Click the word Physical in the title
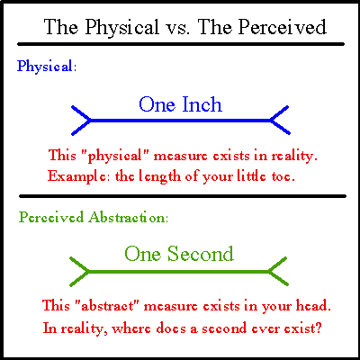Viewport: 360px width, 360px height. [x=121, y=28]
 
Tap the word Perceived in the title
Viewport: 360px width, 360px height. [x=283, y=27]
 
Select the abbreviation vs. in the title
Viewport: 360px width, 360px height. [x=177, y=29]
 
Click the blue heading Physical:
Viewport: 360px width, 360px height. [x=47, y=67]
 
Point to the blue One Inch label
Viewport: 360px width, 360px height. [x=180, y=104]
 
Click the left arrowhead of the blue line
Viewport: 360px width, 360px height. [x=81, y=121]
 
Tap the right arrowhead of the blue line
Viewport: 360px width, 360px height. [x=280, y=120]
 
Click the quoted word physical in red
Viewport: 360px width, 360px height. [x=113, y=157]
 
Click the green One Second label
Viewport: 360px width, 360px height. [x=179, y=254]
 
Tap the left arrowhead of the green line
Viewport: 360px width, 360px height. [x=79, y=272]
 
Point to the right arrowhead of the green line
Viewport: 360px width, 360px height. [x=278, y=271]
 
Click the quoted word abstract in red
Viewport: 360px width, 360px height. [x=106, y=306]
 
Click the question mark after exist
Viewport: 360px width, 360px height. [x=318, y=328]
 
